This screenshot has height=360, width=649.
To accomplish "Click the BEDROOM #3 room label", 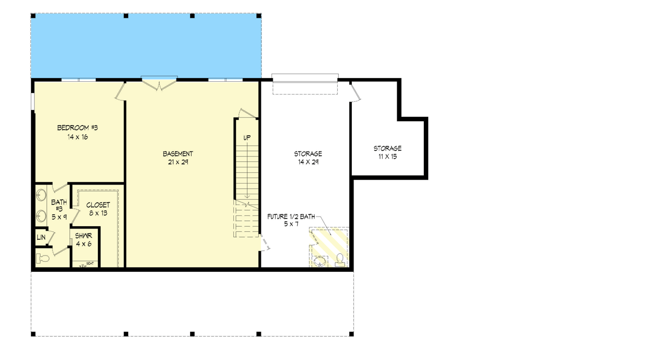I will (77, 128).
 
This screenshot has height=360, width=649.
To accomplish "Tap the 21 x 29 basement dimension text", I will (178, 162).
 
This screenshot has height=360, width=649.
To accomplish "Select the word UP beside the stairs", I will (247, 138).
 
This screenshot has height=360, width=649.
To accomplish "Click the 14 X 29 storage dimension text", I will (308, 162).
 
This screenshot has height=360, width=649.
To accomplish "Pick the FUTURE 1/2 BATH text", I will (291, 217).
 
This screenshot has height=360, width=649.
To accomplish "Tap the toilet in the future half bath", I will (340, 260).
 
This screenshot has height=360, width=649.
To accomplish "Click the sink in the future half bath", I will (320, 261).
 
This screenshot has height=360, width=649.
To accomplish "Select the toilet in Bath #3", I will (43, 259).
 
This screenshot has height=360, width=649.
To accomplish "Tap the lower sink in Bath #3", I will (41, 217).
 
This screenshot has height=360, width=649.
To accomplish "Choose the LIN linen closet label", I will (41, 237).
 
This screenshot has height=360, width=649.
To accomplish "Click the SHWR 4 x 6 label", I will (83, 240).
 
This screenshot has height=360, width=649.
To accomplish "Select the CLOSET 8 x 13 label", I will (98, 209).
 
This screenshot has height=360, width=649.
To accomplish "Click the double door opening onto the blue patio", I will (159, 83).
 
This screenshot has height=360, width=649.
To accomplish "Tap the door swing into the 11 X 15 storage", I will (355, 92).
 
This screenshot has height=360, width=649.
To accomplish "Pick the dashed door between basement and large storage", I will (265, 243).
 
